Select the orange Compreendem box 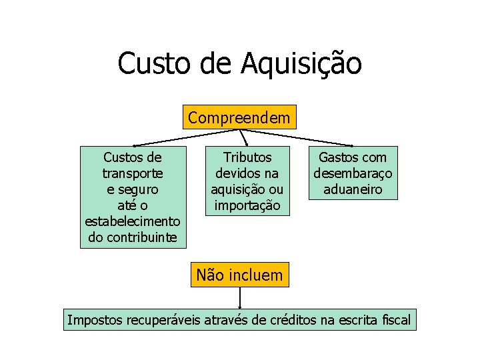click(239, 118)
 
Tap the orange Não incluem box click(239, 274)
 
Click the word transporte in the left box click(133, 173)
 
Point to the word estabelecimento click(133, 221)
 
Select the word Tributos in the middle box click(247, 158)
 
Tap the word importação click(247, 205)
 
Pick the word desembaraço click(353, 173)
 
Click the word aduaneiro click(353, 189)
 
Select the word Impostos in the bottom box click(95, 320)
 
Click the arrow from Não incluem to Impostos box click(239, 298)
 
